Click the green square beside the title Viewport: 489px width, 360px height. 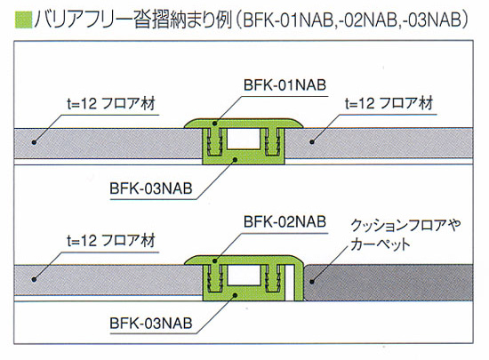click(x=24, y=20)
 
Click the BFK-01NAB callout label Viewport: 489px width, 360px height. click(x=285, y=85)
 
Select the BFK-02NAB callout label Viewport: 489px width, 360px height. click(x=285, y=222)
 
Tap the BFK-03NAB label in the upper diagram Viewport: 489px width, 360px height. click(x=151, y=188)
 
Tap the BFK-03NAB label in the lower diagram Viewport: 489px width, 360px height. click(x=151, y=324)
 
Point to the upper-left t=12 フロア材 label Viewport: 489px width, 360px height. click(x=111, y=103)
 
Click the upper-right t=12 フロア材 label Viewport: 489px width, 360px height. click(x=389, y=103)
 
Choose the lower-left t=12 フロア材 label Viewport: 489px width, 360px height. click(x=111, y=241)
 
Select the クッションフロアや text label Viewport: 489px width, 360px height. click(x=405, y=225)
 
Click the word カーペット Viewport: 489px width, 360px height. click(x=381, y=244)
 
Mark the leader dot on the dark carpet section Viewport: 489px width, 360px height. click(x=312, y=282)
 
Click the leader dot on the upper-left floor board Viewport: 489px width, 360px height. click(x=35, y=142)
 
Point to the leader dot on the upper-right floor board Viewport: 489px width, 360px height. click(x=312, y=142)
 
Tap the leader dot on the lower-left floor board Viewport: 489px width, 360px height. click(x=35, y=279)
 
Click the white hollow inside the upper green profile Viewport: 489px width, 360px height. click(x=244, y=139)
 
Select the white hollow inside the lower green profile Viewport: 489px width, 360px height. click(x=244, y=276)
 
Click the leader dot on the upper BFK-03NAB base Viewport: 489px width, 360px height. click(x=236, y=159)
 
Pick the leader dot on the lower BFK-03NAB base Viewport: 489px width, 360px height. click(x=236, y=294)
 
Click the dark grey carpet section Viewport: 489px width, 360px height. click(x=389, y=282)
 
